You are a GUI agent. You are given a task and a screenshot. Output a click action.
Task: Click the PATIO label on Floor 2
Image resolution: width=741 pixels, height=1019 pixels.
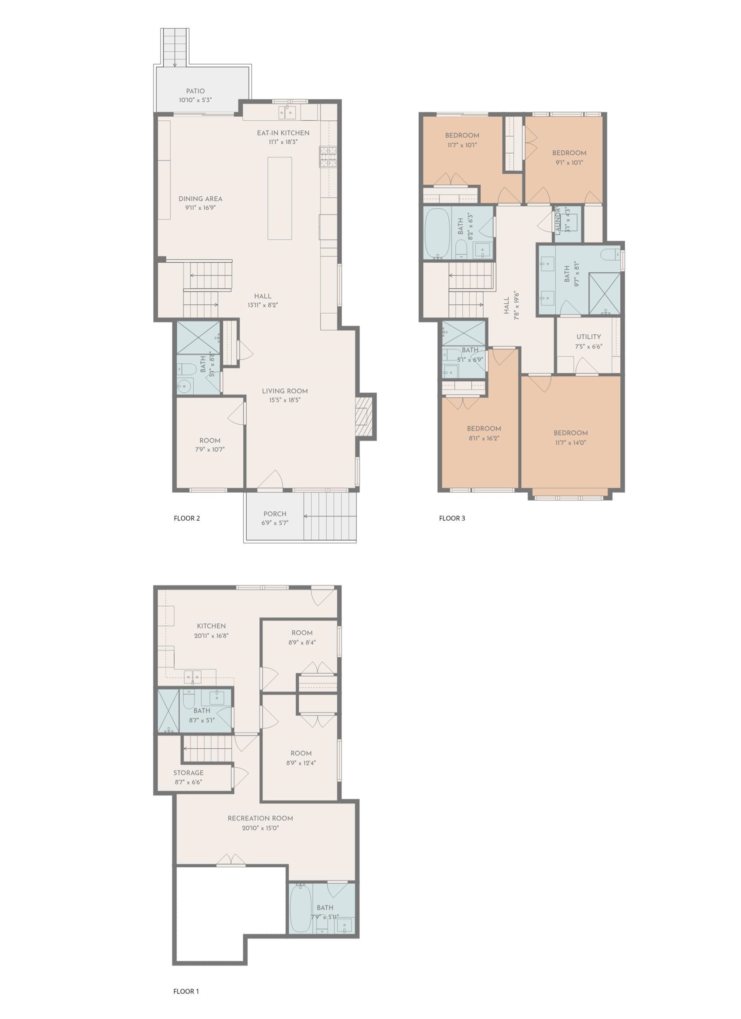(195, 91)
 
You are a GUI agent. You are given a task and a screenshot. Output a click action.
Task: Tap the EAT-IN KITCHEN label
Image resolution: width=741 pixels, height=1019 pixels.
(283, 133)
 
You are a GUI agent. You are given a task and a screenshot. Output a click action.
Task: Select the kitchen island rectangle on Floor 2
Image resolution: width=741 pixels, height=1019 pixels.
(280, 198)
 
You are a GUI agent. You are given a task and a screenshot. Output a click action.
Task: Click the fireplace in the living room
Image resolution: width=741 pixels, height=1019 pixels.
(365, 417)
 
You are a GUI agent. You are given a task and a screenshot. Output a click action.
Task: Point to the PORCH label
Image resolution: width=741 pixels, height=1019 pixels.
(275, 513)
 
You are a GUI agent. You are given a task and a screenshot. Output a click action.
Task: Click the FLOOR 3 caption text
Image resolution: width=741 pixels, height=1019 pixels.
(452, 518)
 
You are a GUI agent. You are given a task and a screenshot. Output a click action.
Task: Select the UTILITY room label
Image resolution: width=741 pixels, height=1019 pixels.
(588, 337)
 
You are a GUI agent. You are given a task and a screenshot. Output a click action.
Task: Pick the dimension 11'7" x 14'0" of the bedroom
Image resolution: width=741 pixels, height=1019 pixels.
(570, 443)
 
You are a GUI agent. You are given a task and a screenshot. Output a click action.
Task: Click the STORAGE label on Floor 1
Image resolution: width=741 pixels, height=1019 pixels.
(188, 773)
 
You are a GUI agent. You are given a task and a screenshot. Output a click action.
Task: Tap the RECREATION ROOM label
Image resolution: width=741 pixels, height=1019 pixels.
(260, 818)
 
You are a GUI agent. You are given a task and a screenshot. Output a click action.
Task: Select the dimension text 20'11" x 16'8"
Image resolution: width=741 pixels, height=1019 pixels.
(211, 636)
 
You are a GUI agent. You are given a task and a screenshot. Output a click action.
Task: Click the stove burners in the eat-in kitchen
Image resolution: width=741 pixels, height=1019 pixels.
(328, 157)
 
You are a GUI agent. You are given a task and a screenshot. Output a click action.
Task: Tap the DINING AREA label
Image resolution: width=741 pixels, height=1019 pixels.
(200, 199)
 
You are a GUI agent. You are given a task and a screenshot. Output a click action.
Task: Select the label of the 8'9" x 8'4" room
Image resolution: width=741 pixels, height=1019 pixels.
(302, 632)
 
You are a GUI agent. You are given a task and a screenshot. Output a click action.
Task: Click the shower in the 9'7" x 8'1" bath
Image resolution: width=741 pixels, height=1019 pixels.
(604, 293)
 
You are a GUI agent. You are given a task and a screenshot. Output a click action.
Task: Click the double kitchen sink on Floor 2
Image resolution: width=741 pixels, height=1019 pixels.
(286, 112)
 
